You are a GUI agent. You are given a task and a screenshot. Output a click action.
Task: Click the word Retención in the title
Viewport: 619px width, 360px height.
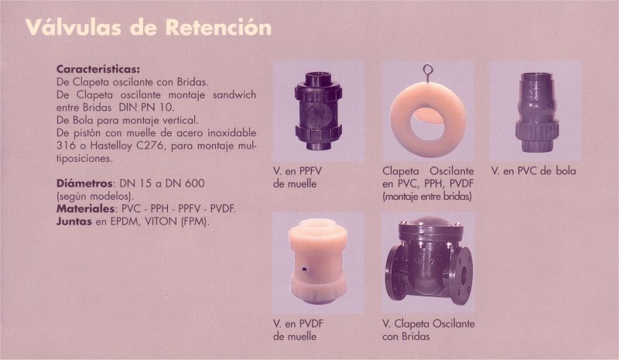click(218, 28)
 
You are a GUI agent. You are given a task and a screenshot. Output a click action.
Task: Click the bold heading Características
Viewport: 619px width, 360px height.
click(98, 69)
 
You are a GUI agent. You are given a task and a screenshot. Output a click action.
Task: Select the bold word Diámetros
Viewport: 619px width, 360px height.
click(84, 183)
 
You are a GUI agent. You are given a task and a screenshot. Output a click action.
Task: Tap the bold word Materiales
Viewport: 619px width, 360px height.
click(85, 208)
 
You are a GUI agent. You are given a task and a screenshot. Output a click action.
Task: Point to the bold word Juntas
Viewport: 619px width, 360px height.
click(74, 221)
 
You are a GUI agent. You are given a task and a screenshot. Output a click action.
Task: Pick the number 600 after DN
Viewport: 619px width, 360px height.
click(196, 183)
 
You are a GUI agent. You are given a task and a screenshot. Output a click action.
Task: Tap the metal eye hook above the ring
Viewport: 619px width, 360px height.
click(428, 72)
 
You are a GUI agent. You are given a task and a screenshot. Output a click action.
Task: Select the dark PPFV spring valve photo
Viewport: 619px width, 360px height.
click(318, 111)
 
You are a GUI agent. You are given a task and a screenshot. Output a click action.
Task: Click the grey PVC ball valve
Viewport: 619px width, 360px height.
click(536, 112)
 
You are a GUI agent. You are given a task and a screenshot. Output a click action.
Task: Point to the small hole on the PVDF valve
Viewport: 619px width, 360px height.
click(305, 270)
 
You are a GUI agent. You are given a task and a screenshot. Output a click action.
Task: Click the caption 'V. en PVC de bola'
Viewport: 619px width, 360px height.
click(534, 171)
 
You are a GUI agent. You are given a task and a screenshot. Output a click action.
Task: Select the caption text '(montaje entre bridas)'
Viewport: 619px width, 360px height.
click(427, 197)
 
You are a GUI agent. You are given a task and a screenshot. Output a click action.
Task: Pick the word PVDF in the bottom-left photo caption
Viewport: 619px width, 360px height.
click(311, 324)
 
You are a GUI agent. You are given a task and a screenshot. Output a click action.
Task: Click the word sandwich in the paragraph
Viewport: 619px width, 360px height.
click(234, 95)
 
